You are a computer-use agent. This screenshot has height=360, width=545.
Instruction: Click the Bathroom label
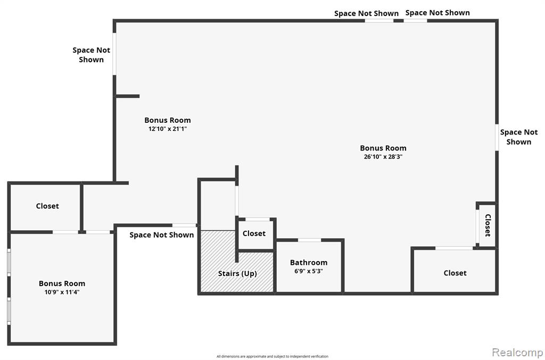click(x=309, y=263)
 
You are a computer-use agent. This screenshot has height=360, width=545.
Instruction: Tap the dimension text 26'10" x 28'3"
click(x=383, y=156)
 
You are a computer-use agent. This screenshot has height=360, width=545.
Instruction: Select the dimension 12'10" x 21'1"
click(x=168, y=129)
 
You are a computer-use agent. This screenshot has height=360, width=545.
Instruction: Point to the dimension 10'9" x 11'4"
click(x=62, y=292)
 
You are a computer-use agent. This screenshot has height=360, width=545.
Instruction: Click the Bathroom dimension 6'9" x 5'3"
click(x=309, y=271)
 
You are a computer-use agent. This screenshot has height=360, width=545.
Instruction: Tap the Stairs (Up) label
click(x=237, y=273)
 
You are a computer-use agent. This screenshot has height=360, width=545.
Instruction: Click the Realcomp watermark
click(x=517, y=353)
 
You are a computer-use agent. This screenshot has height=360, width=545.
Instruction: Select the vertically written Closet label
click(x=488, y=225)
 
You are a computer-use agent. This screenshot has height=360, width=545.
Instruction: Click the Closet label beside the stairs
click(x=254, y=233)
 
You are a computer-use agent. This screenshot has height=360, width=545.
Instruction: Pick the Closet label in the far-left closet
click(x=47, y=206)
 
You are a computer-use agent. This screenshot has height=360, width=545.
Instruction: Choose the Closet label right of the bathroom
click(x=455, y=273)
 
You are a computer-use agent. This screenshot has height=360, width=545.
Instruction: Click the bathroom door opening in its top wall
click(x=309, y=240)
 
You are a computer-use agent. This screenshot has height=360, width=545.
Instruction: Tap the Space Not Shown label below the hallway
click(x=162, y=235)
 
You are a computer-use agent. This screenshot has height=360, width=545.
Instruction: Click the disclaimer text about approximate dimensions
click(x=272, y=356)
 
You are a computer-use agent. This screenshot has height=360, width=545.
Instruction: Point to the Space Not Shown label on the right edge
click(x=518, y=137)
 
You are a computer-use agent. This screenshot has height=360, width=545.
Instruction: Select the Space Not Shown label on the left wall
click(x=91, y=55)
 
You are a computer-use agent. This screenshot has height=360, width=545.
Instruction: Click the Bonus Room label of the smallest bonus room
click(x=62, y=283)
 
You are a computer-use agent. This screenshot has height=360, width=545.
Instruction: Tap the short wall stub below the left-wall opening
click(x=127, y=96)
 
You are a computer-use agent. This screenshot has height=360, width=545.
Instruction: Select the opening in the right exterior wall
click(x=497, y=138)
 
